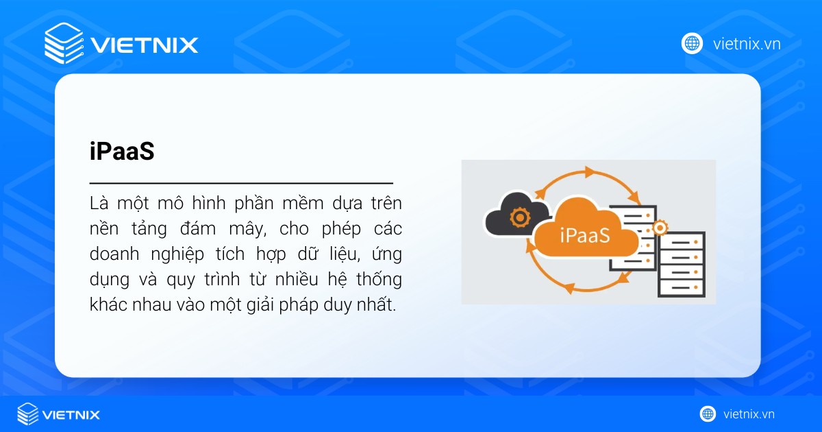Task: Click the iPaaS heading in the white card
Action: [x=122, y=152]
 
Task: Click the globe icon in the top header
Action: [x=692, y=44]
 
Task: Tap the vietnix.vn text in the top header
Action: [x=747, y=44]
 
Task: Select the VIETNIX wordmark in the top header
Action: [x=144, y=45]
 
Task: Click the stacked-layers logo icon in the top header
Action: [x=63, y=43]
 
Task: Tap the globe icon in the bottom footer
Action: [x=708, y=413]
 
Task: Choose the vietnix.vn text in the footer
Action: [x=749, y=413]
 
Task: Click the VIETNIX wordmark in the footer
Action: [x=71, y=414]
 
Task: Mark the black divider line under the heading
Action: [x=241, y=184]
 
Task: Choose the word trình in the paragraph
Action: [x=239, y=280]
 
